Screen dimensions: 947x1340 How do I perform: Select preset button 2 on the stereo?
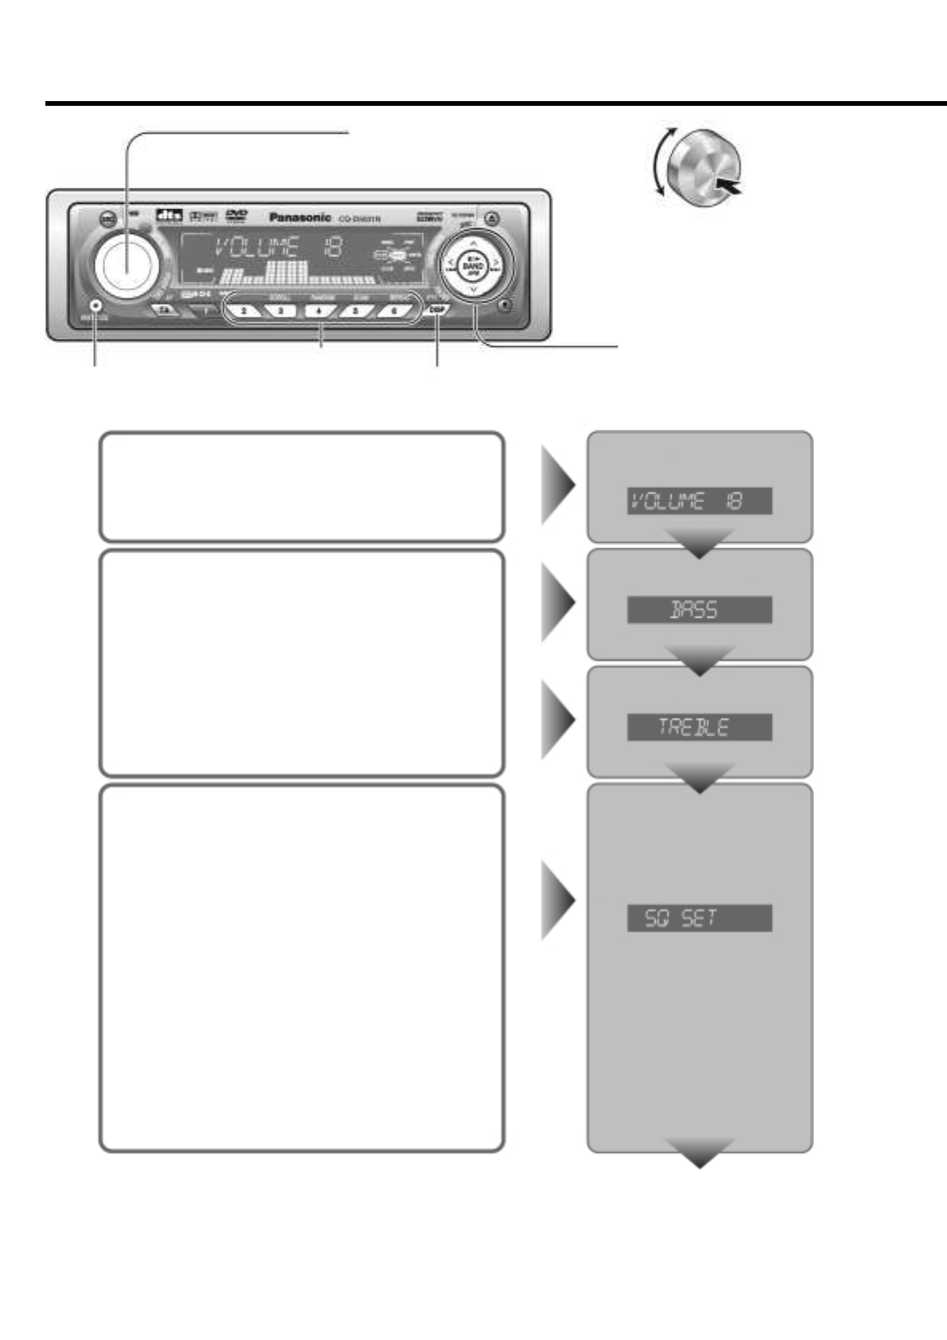coord(244,310)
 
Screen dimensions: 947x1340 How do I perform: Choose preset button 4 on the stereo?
coord(318,310)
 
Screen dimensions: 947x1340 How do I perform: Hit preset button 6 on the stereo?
coord(393,310)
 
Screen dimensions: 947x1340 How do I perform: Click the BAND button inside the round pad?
coord(473,265)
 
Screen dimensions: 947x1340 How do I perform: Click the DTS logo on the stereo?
coord(167,216)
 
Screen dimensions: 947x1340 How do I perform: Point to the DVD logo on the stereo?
coord(236,215)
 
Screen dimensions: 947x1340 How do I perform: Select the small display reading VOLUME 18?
coord(699,501)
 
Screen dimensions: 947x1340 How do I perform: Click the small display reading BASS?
coord(699,610)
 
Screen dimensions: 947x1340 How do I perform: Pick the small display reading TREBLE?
coord(699,727)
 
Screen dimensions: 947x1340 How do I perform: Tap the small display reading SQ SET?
coord(699,917)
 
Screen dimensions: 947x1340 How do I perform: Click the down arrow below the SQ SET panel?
coord(700,1151)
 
